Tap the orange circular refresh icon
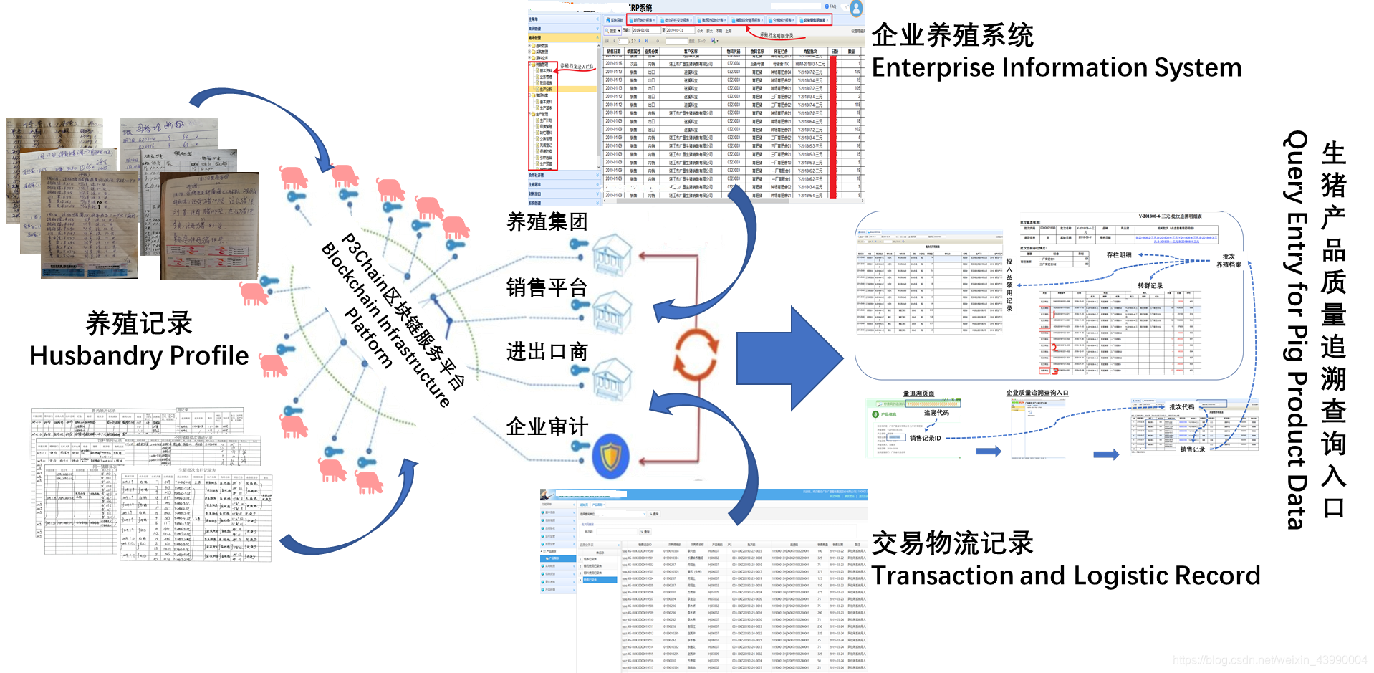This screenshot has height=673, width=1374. click(x=695, y=354)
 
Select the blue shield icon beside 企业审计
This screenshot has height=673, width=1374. click(x=610, y=456)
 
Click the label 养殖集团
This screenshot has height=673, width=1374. click(x=547, y=222)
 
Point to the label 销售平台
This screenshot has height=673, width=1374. click(x=547, y=287)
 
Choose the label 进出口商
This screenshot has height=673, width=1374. click(x=547, y=352)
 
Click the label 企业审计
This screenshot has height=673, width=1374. click(x=547, y=427)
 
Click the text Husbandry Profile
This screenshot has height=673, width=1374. click(x=139, y=356)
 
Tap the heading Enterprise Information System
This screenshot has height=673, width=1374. click(x=1056, y=68)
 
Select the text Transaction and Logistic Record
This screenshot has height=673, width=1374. click(x=1065, y=576)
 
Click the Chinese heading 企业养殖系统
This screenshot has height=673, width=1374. click(x=952, y=35)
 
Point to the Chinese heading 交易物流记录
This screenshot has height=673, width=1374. click(x=952, y=543)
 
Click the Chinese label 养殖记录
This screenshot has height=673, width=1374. click(x=139, y=323)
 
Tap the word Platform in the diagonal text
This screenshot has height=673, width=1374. click(x=369, y=338)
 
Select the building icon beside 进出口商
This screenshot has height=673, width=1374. click(x=611, y=376)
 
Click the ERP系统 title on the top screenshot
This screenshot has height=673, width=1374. click(x=640, y=8)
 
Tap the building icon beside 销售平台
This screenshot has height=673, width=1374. click(x=611, y=312)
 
